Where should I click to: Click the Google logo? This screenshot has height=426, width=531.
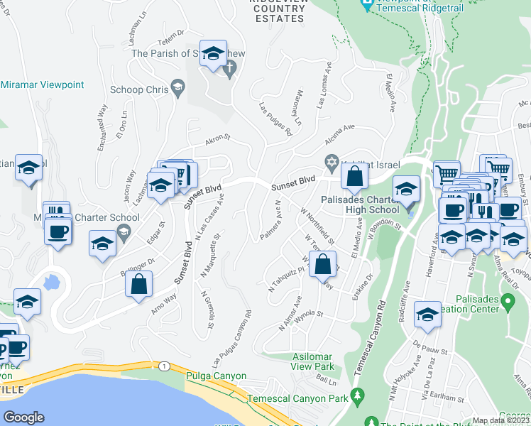(24, 417)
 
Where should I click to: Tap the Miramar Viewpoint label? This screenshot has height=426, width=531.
(43, 85)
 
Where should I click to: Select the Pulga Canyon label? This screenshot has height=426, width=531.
(216, 376)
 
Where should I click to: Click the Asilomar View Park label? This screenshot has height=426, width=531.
(313, 361)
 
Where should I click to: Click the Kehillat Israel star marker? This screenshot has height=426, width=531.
(331, 162)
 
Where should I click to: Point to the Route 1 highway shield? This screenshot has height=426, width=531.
(164, 366)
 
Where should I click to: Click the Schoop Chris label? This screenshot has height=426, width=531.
(139, 90)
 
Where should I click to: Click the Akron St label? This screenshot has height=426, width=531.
(218, 138)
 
